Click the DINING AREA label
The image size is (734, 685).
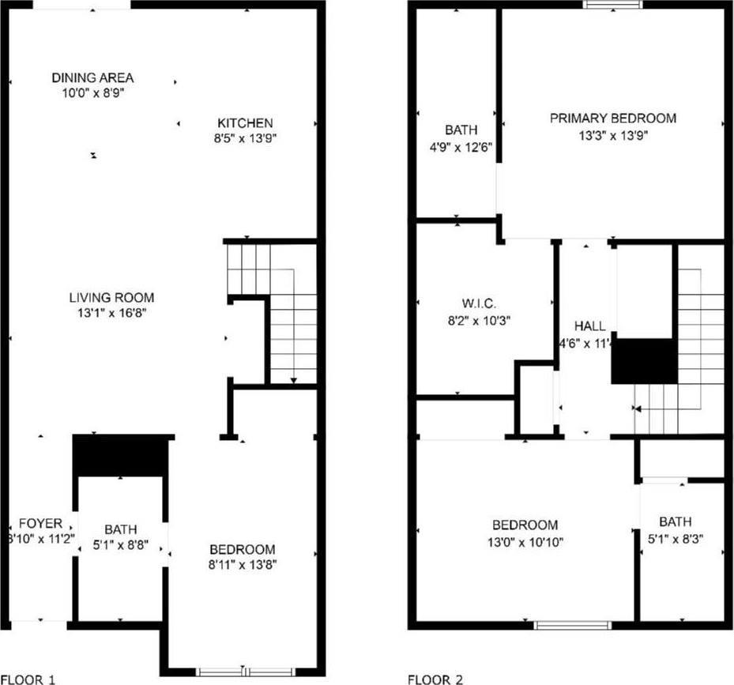[92, 77]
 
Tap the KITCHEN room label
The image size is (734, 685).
[245, 122]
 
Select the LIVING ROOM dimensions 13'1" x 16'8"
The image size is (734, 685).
[111, 312]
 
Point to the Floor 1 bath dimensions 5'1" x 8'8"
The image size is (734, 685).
[120, 544]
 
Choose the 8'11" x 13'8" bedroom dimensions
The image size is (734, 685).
[242, 564]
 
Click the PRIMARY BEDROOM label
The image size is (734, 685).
[613, 118]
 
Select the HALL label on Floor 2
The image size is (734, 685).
[590, 326]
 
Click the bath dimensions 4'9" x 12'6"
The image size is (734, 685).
[460, 145]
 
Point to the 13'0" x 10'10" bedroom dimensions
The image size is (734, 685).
[525, 541]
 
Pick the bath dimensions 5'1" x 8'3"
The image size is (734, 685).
[675, 538]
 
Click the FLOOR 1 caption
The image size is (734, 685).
[28, 679]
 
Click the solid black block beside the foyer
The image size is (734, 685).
[121, 456]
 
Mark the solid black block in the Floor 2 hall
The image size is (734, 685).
[645, 361]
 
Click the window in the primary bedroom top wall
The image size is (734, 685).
[613, 5]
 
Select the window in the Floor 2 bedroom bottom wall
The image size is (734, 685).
[573, 625]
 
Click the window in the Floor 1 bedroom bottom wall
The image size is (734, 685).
[243, 672]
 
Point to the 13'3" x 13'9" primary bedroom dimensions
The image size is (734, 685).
[613, 135]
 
